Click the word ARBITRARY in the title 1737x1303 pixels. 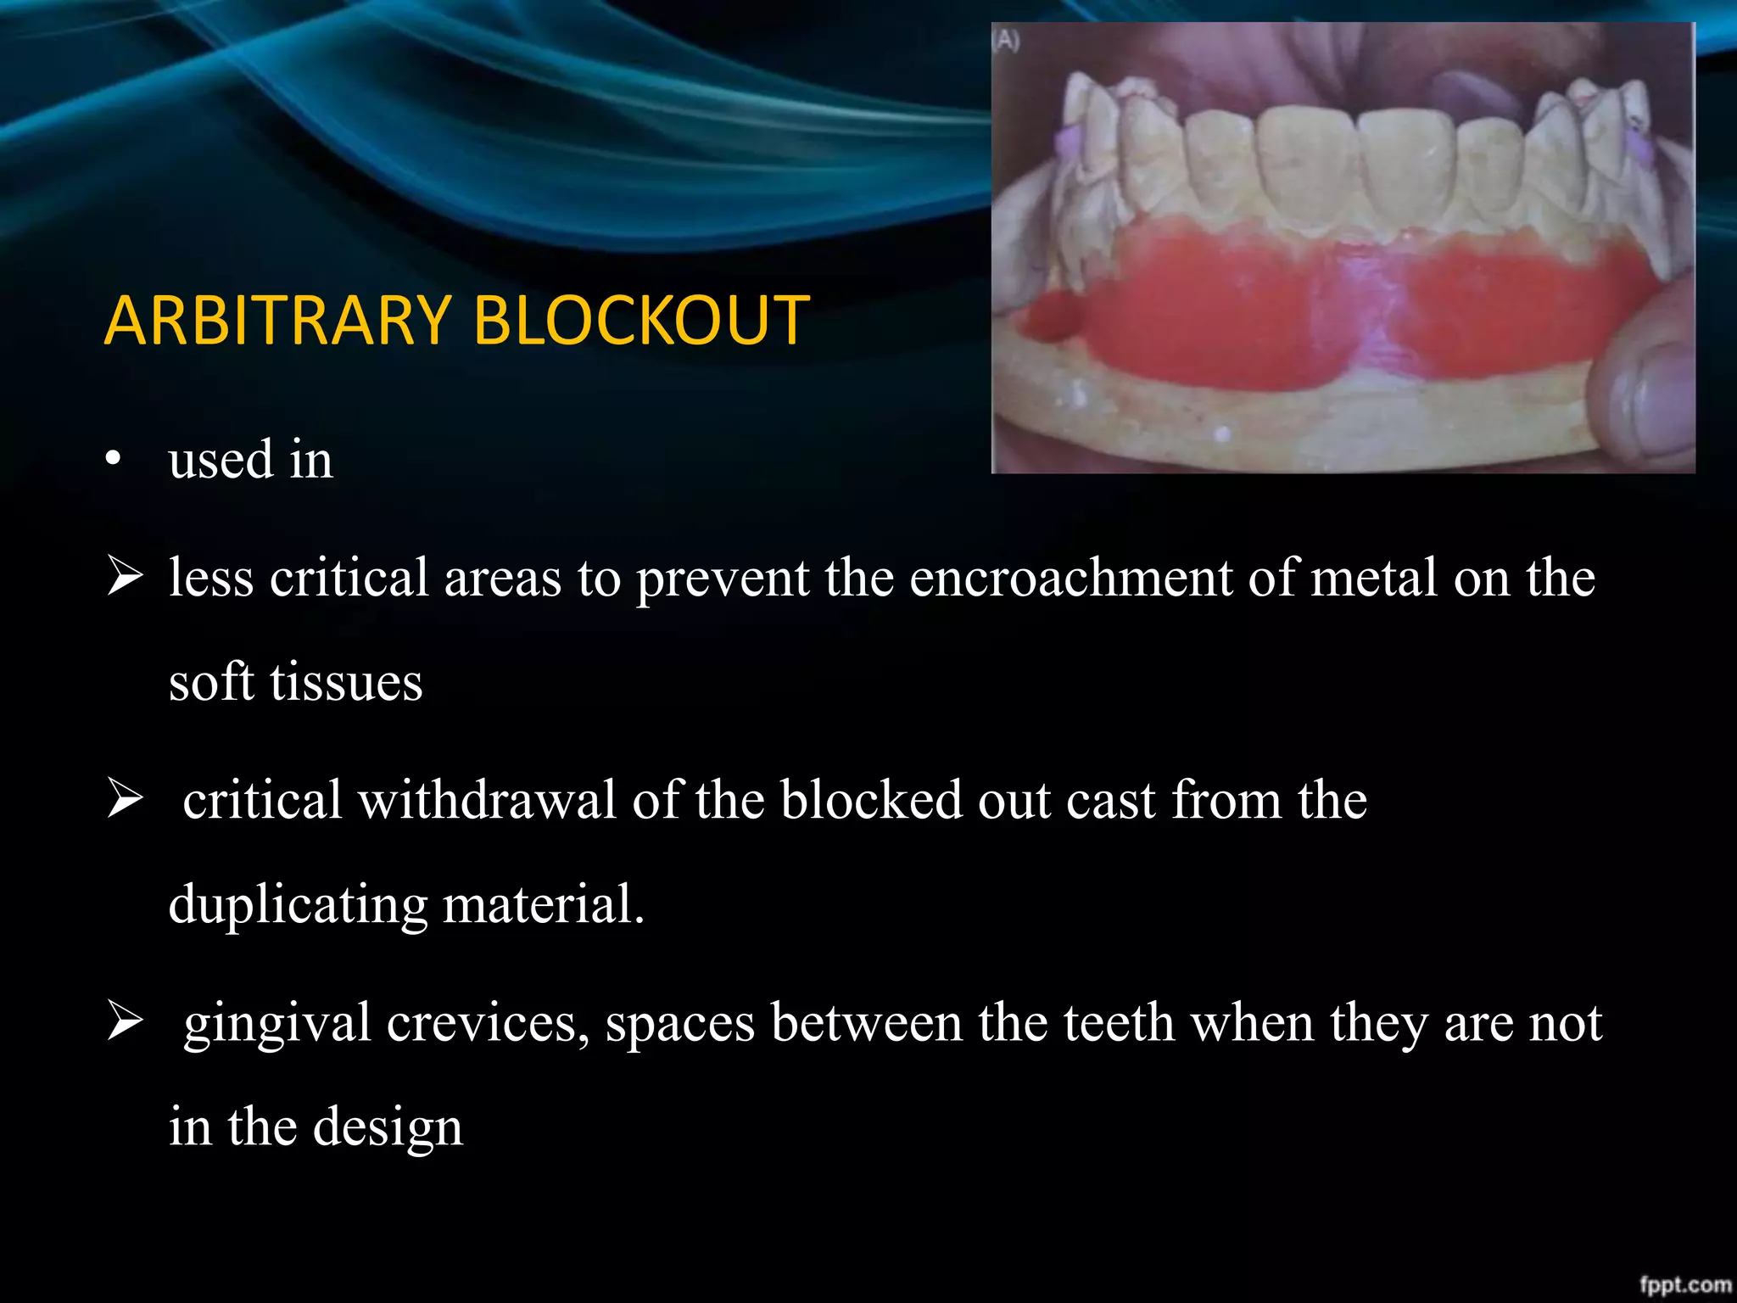[277, 321]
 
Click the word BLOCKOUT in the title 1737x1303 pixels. [640, 321]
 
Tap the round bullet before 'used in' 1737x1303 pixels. [114, 460]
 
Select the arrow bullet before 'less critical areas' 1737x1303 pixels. [125, 577]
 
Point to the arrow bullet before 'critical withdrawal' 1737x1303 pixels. [125, 799]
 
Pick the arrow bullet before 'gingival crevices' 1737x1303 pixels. [125, 1021]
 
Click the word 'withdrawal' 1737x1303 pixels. [487, 800]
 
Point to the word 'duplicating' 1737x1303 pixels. [298, 905]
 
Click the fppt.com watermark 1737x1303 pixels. [1684, 1284]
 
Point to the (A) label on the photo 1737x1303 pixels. [1007, 40]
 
